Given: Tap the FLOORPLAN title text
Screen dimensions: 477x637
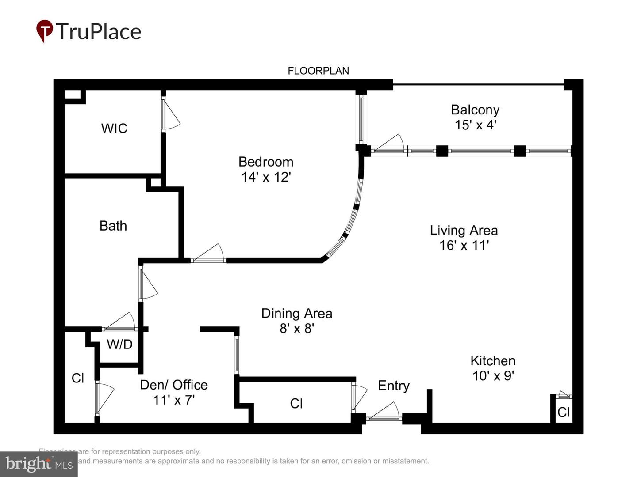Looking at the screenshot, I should click(x=318, y=71).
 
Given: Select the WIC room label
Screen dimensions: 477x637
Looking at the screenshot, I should click(x=114, y=128).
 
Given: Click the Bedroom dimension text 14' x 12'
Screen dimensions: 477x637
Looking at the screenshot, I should click(x=266, y=177).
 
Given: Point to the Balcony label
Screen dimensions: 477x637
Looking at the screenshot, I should click(x=475, y=110).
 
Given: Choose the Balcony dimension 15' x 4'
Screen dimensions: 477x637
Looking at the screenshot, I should click(x=475, y=125).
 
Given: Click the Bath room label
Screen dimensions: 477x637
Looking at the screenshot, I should click(x=113, y=226).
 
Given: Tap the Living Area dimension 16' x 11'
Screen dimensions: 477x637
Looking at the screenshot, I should click(x=464, y=245).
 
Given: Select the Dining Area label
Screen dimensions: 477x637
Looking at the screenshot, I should click(x=297, y=313).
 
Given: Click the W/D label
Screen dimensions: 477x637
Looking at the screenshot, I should click(x=119, y=344).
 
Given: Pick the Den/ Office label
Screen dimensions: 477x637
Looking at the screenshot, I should click(x=174, y=385).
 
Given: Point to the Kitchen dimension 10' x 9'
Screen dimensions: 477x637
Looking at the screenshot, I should click(x=493, y=376).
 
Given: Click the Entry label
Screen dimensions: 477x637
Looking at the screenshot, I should click(x=394, y=386).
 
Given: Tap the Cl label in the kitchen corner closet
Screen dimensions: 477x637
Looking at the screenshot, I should click(x=564, y=412).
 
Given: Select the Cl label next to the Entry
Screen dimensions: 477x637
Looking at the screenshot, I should click(x=296, y=403).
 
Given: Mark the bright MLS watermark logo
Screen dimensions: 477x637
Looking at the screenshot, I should click(x=39, y=464).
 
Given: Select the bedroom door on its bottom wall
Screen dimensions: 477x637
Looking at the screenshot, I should click(x=208, y=254).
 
